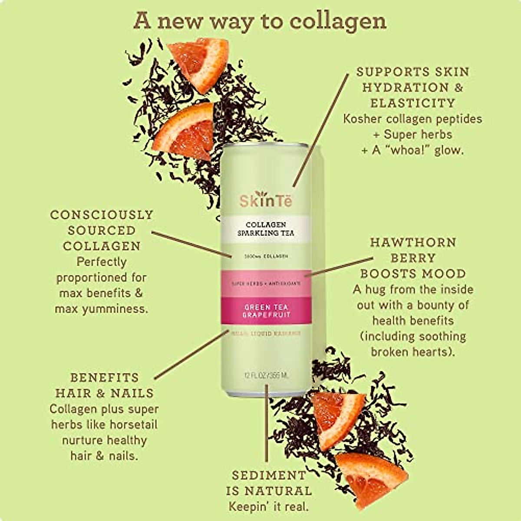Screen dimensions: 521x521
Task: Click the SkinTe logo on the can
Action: (266, 200)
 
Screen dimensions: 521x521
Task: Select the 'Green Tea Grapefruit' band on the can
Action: (266, 310)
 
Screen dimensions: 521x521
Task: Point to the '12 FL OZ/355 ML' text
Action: (266, 375)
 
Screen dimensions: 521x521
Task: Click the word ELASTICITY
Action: (412, 103)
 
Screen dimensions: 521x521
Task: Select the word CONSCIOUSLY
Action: (102, 215)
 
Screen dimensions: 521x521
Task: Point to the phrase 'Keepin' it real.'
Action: (269, 506)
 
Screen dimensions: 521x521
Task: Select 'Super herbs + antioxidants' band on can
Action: (266, 283)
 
